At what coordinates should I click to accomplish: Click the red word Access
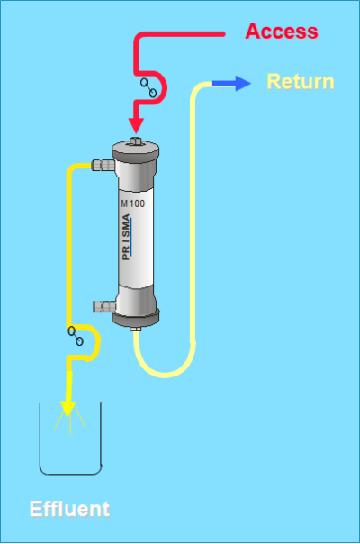pos(282,32)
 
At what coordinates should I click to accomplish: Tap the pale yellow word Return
pos(301,82)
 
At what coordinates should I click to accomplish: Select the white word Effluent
pos(69,509)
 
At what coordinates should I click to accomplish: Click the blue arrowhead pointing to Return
pos(243,83)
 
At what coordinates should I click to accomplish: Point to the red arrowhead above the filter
pos(136,125)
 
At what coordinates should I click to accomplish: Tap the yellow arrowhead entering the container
pos(68,409)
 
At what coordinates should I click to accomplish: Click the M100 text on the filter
pos(133,204)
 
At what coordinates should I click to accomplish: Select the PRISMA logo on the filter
pos(126,237)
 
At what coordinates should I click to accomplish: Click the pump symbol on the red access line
pos(148,87)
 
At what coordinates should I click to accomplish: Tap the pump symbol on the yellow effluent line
pos(76,336)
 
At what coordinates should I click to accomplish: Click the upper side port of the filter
pos(103,165)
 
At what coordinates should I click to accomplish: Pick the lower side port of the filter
pos(104,306)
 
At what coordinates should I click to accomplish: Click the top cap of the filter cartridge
pos(136,152)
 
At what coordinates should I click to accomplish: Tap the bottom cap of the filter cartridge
pos(136,318)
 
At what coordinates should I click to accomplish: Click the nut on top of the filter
pos(136,141)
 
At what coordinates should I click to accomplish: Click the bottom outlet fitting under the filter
pos(136,329)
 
